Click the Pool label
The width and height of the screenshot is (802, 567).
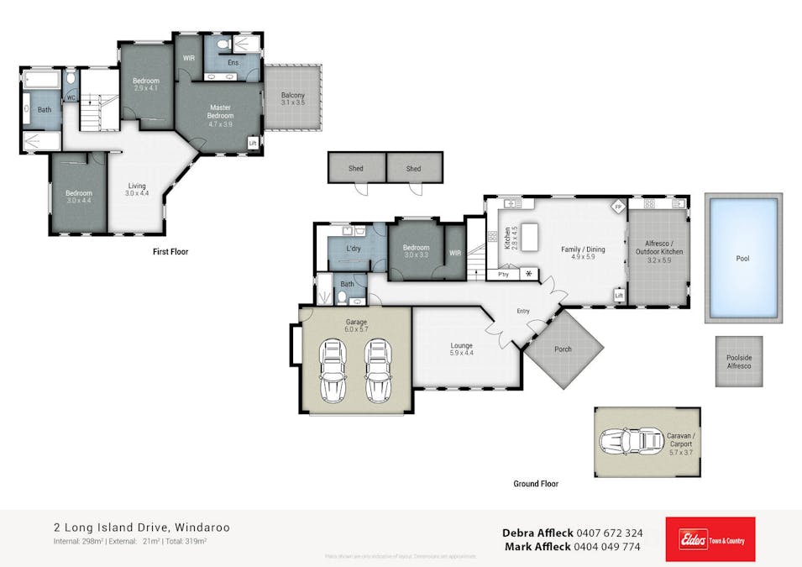(x=742, y=259)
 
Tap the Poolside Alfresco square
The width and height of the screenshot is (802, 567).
(x=739, y=361)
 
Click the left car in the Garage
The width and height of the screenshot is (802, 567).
(x=333, y=371)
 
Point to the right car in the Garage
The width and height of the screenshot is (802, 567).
(x=379, y=371)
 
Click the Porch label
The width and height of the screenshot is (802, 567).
(x=563, y=349)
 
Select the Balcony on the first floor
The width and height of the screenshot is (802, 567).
(x=293, y=97)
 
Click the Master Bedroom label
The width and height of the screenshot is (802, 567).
(x=221, y=115)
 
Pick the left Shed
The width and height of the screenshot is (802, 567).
(x=356, y=168)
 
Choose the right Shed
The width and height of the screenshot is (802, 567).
(x=414, y=168)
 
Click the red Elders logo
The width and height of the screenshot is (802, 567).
(x=710, y=538)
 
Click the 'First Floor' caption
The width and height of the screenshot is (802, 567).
(x=170, y=251)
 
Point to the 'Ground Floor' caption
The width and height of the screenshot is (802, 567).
(x=536, y=484)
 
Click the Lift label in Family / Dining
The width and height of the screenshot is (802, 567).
(x=619, y=296)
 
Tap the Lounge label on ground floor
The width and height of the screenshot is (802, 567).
(x=461, y=345)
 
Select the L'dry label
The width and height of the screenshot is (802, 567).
(x=354, y=249)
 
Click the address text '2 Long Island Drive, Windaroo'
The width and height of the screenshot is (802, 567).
(x=140, y=528)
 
